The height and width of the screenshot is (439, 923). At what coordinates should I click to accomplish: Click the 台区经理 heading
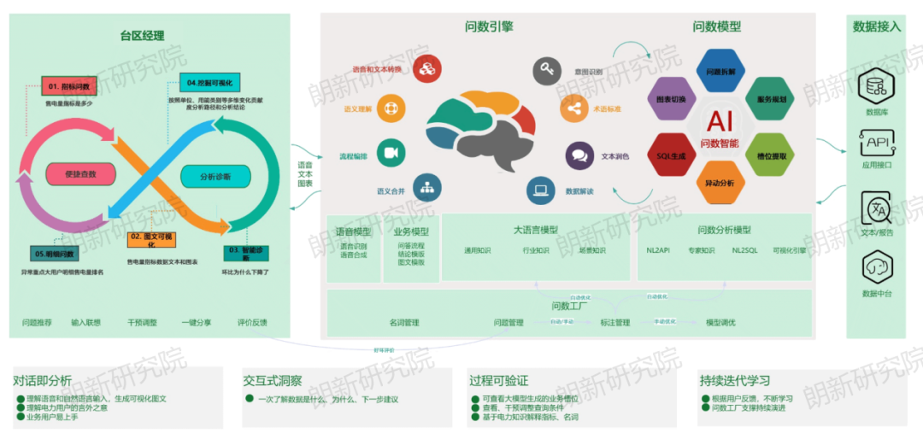point(143,36)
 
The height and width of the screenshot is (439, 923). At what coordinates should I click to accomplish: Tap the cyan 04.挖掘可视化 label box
point(206,84)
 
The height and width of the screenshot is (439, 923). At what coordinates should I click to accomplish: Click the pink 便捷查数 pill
point(79,175)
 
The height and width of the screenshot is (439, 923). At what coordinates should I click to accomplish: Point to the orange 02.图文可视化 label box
point(153,237)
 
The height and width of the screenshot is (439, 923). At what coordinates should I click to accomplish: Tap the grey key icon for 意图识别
point(546,71)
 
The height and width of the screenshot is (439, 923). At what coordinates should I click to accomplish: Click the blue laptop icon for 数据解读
point(540,190)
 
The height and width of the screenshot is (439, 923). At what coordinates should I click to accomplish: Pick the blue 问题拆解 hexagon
point(720,73)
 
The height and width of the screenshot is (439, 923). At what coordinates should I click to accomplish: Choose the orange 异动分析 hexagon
point(720,182)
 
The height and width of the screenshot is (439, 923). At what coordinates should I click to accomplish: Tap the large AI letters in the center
point(720,121)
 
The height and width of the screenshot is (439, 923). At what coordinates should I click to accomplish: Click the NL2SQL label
point(744,250)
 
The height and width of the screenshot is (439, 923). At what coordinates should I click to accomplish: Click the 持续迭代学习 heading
point(734,380)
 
